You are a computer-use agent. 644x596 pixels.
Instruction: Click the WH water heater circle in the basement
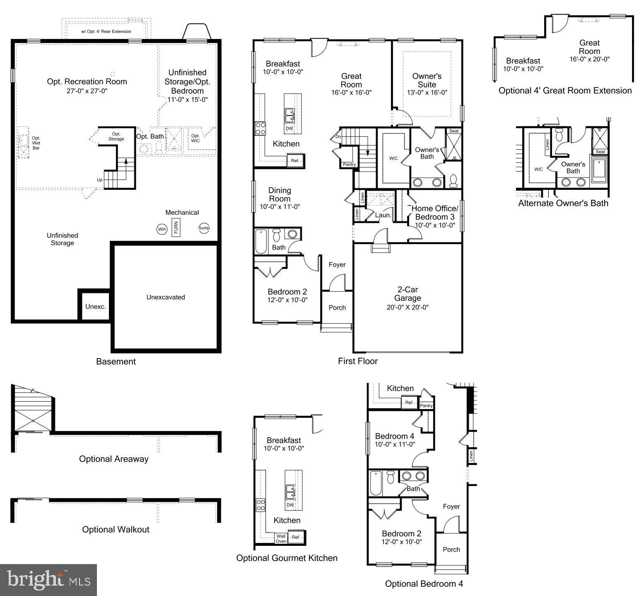click(x=162, y=229)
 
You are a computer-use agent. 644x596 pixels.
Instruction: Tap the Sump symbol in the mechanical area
click(x=204, y=228)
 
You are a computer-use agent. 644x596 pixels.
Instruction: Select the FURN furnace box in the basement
click(x=176, y=228)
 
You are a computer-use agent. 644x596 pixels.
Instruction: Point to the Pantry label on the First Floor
click(x=349, y=165)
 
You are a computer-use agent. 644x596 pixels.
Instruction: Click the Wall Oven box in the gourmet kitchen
click(x=281, y=538)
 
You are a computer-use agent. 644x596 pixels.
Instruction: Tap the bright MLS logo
click(x=48, y=580)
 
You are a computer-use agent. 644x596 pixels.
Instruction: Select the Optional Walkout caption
click(x=116, y=529)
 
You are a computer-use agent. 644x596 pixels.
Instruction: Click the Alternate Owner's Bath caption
click(x=563, y=203)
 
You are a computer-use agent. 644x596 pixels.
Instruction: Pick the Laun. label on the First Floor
click(x=383, y=215)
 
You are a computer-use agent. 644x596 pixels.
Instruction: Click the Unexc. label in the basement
click(x=96, y=307)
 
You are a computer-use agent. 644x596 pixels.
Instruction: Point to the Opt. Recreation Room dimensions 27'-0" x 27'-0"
click(x=87, y=91)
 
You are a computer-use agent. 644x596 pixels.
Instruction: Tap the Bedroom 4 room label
click(x=394, y=436)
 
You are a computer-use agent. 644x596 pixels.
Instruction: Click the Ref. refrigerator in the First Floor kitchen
click(x=295, y=160)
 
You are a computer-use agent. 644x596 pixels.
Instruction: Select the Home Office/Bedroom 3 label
click(x=435, y=213)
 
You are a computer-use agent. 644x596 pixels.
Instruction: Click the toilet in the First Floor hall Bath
click(x=277, y=235)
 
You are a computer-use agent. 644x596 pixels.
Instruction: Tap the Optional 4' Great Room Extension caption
click(x=565, y=90)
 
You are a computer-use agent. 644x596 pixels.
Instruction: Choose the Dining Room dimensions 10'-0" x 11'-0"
click(x=280, y=206)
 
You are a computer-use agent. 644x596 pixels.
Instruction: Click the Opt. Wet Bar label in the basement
click(x=36, y=143)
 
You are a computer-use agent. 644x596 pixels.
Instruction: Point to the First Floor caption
click(x=358, y=361)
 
